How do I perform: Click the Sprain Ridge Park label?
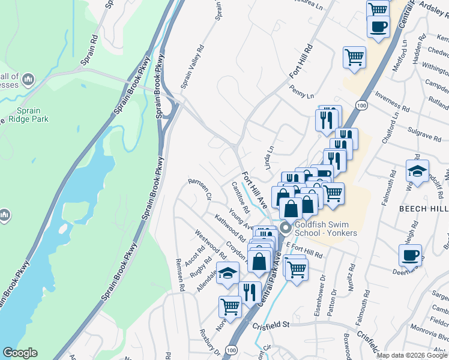[25, 115]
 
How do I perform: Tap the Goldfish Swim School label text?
[326, 229]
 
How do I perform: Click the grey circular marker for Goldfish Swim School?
[285, 226]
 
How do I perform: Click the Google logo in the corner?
[20, 353]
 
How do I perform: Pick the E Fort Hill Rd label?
[304, 251]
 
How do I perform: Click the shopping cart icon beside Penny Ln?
[354, 58]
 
